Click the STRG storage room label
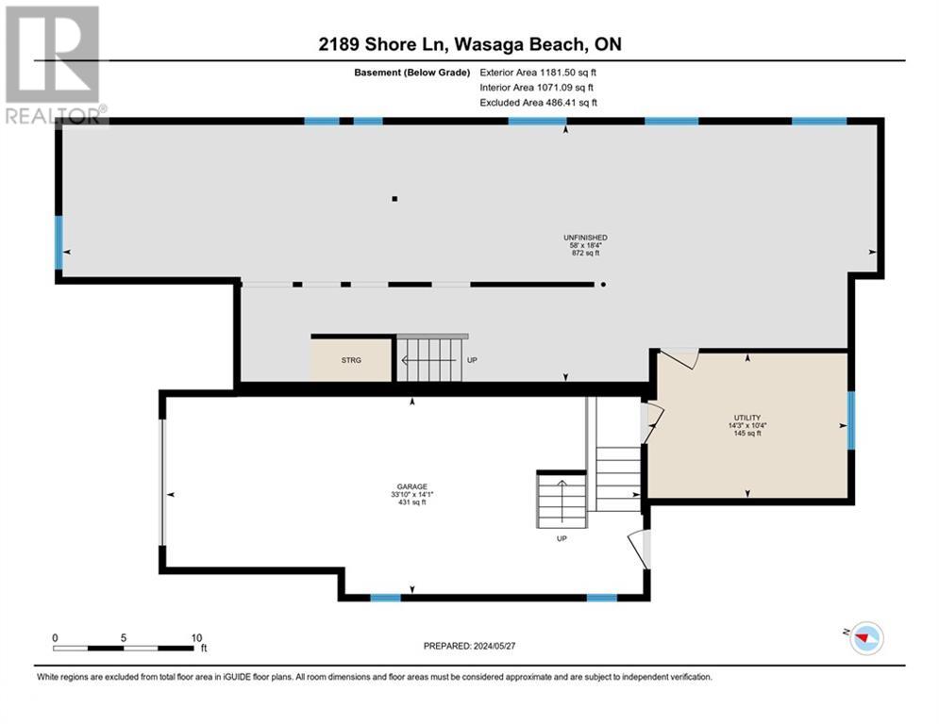click(351, 359)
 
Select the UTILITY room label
click(747, 418)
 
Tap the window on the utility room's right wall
click(850, 420)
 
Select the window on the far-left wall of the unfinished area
click(59, 242)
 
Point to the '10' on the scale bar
click(197, 637)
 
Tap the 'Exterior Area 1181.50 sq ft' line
click(539, 71)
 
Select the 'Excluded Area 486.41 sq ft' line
click(539, 102)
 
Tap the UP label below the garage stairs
click(561, 539)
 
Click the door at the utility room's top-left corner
click(679, 357)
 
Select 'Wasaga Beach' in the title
click(541, 44)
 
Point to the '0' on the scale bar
click(55, 637)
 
